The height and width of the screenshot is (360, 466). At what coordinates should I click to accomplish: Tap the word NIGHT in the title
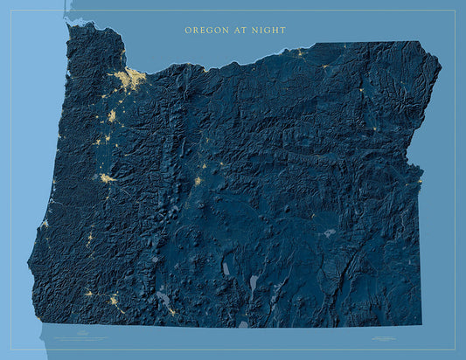pos(268,31)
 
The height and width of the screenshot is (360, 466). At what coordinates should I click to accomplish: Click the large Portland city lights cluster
pos(131,80)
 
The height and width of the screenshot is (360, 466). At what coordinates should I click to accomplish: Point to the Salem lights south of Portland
pos(112,115)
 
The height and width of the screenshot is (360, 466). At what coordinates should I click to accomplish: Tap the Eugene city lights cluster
pos(107,178)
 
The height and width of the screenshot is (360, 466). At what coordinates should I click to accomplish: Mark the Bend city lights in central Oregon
pos(198,181)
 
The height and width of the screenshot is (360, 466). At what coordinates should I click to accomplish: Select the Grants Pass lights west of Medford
pos(89,294)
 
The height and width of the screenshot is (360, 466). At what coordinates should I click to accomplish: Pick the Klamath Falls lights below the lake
pos(170,310)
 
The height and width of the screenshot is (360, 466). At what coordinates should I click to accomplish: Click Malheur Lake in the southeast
pos(329,233)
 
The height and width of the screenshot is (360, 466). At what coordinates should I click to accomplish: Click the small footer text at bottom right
pos(385,336)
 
